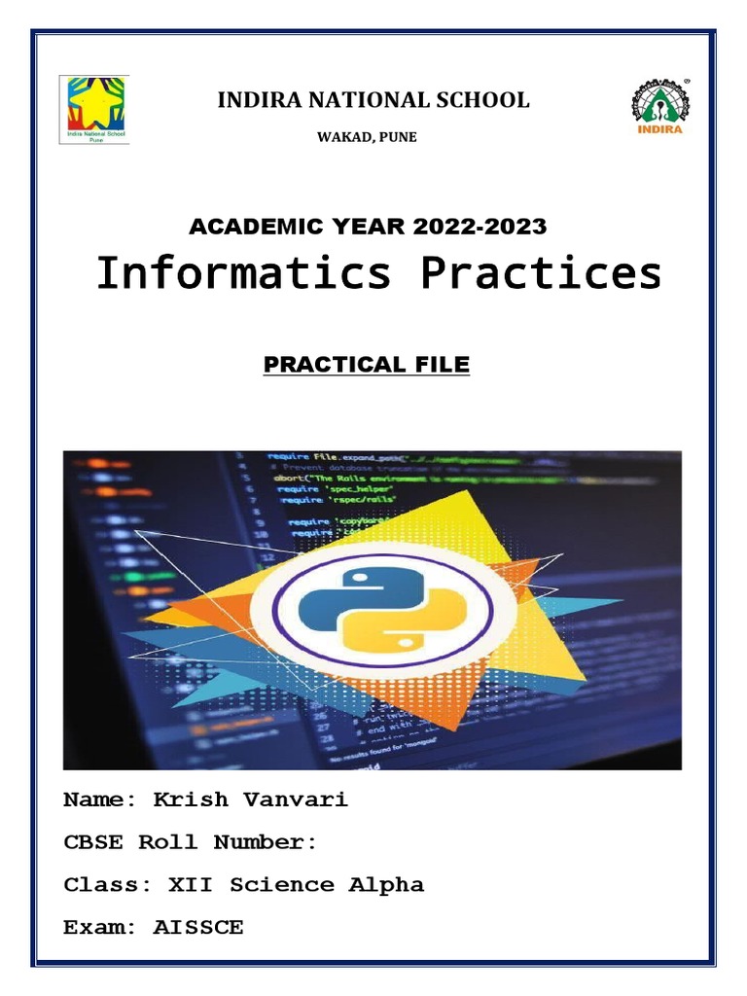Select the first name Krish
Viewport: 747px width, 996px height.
pyautogui.click(x=191, y=800)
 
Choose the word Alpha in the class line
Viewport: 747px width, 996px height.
pyautogui.click(x=387, y=885)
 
